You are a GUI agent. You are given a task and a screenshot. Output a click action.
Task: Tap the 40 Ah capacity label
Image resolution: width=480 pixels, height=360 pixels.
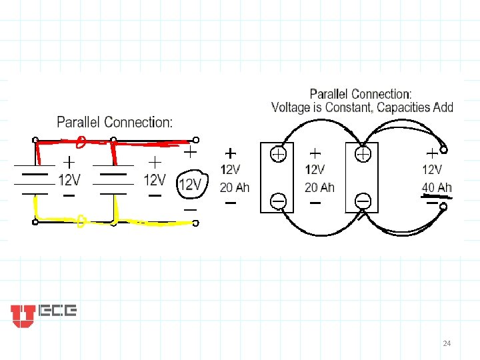tap(437, 187)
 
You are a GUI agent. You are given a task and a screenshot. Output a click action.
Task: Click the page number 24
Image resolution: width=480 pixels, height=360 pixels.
tap(447, 343)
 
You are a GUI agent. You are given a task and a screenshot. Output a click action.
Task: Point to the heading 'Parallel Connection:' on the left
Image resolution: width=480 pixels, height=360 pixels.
tap(115, 123)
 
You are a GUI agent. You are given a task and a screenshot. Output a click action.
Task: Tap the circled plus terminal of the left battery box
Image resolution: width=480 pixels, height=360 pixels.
tap(278, 154)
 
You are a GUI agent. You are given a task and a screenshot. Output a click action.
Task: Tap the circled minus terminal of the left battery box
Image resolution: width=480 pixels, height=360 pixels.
tap(278, 199)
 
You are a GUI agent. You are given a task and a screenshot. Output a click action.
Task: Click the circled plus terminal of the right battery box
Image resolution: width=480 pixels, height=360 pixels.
tap(363, 154)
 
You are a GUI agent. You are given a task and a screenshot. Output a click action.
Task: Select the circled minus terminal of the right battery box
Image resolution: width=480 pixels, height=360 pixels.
tap(363, 199)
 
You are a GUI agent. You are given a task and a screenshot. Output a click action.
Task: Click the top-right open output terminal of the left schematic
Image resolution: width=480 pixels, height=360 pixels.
tap(197, 140)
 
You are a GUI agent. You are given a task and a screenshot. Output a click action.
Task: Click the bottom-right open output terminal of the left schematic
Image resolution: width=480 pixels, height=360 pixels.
tap(197, 221)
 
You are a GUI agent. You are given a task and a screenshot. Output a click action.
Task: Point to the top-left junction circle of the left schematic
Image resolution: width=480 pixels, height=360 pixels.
tap(35, 140)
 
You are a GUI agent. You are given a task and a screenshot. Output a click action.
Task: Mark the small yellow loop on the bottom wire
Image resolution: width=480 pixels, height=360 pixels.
tap(80, 220)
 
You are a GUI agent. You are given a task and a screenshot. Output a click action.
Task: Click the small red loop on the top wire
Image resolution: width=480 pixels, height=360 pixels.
tap(80, 141)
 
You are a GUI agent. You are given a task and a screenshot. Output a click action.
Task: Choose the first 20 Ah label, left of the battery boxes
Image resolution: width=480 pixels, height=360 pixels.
tap(234, 187)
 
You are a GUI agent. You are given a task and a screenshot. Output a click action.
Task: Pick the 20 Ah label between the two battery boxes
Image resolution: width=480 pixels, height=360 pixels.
tap(319, 187)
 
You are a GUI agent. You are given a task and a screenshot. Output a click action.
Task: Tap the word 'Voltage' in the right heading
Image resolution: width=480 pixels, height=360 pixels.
tap(292, 107)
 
